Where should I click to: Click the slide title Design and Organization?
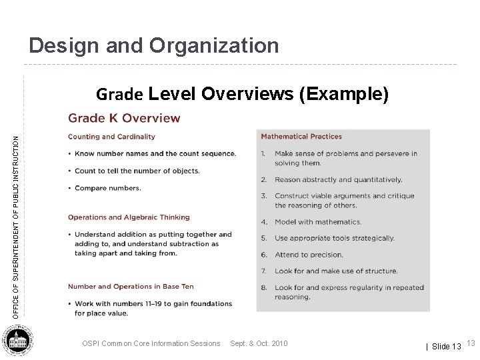coord(154,45)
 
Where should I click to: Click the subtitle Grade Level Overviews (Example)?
coord(242,94)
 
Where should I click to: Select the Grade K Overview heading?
coord(124,119)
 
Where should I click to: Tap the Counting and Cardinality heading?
coord(111,137)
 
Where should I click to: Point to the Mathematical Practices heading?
coord(301,137)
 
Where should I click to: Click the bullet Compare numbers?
coord(108,188)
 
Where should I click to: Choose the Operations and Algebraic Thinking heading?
coord(129,217)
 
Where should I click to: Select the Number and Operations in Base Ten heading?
coord(131,287)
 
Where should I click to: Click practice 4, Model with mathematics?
coord(318,222)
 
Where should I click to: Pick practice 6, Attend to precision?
coord(309,255)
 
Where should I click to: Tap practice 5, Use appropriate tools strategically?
coord(334,238)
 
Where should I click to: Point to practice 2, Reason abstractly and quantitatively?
coord(338,179)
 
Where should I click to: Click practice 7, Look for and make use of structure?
coord(336,271)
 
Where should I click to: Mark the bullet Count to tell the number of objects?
coord(137,171)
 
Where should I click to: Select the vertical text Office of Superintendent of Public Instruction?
coord(17,217)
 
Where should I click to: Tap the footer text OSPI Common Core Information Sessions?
coord(151,343)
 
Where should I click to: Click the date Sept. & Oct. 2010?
coord(259,343)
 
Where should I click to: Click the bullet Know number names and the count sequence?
coord(155,153)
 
